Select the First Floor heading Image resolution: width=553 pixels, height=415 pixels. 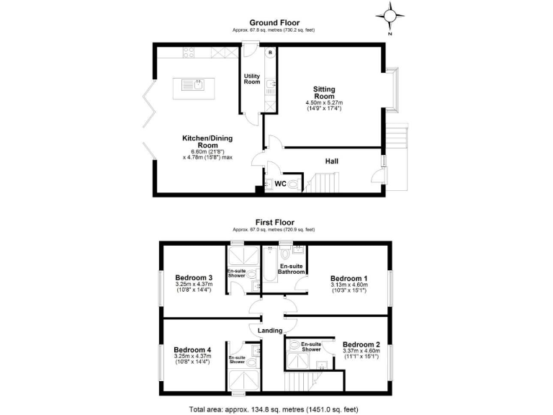coord(274,223)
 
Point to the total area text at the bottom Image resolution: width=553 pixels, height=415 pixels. coord(274,408)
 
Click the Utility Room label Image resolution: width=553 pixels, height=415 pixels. coord(252,79)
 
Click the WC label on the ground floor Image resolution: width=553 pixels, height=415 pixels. coord(281,184)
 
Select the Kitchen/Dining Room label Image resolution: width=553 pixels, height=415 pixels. coord(207,141)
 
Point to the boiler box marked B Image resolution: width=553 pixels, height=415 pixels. coord(270,53)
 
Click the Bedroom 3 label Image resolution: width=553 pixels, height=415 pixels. coord(194,277)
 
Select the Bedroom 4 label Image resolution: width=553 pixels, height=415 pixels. coord(194,343)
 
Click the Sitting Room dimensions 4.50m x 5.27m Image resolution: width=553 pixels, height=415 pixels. coord(324,104)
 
